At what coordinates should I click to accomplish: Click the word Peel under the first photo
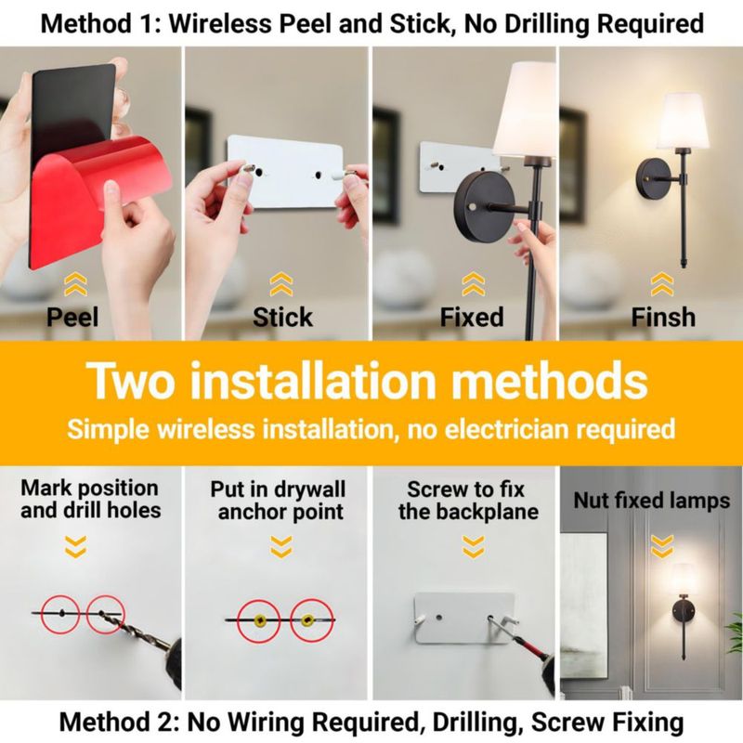tap(72, 317)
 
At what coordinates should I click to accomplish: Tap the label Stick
tap(282, 317)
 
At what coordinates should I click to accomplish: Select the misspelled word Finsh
tap(663, 317)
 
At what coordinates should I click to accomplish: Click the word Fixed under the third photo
tap(472, 317)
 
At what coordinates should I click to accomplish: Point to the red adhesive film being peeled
tap(90, 189)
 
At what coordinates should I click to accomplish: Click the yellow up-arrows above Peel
tap(75, 284)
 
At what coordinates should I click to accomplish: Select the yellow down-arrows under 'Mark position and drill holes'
tap(76, 546)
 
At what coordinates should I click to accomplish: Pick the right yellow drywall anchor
tap(307, 619)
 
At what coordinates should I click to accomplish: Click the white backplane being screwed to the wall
tap(464, 618)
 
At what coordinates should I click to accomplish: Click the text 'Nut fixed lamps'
tap(652, 501)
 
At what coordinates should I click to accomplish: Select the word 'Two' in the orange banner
tap(132, 380)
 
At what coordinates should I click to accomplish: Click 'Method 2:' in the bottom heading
tap(120, 723)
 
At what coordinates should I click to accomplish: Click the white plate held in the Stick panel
tap(285, 172)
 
